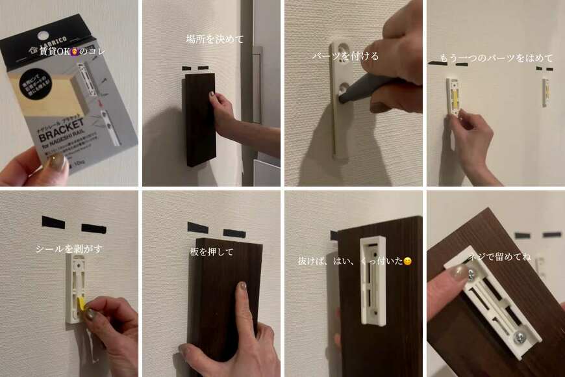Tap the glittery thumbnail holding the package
point(57,161)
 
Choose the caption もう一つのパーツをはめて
point(494,57)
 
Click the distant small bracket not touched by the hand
point(546,92)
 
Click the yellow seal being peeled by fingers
point(81,304)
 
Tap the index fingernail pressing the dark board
point(242,286)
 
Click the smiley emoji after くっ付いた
point(407,261)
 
